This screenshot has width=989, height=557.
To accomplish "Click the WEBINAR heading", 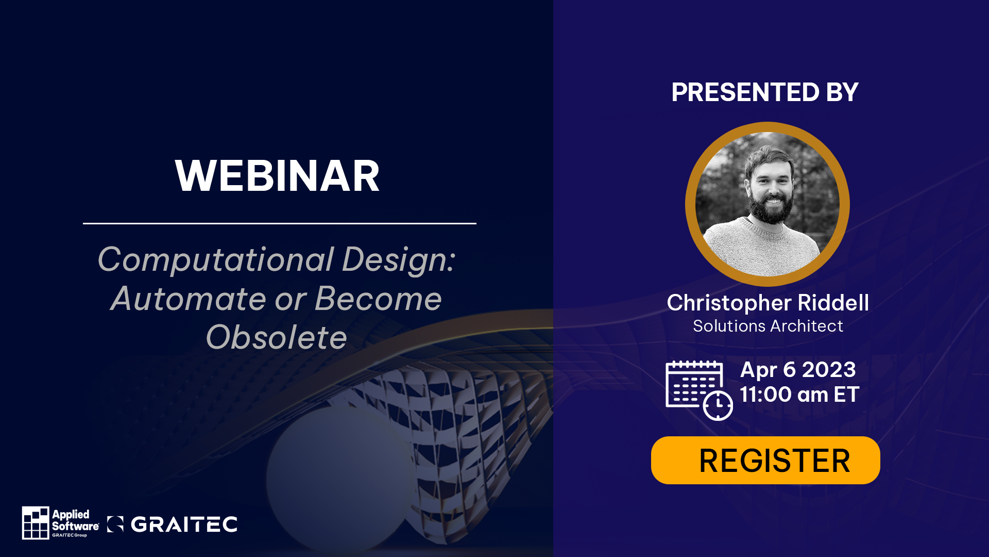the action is pos(277,176).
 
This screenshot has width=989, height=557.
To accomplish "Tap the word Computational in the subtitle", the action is pos(216,259).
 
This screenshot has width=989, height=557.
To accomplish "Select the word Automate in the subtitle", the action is pos(189,299).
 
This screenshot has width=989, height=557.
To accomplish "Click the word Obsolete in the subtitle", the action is pos(277,337).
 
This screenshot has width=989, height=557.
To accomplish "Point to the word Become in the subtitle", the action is pos(378,299).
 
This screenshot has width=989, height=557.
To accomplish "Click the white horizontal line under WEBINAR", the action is pos(280,223).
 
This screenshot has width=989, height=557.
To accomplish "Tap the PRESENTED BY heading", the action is pos(765,92).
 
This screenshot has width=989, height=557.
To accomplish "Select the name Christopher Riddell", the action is pos(768,303).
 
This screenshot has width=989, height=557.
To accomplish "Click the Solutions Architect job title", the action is pos(768,326).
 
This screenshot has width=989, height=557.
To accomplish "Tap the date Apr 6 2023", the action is pos(798,369).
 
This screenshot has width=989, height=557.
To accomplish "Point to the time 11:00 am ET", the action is pos(799,395).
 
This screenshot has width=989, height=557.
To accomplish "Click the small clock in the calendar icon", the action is pos(718,405).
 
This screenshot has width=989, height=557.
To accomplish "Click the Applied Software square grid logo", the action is pos(36,522).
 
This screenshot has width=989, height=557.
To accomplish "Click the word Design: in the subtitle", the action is pos(399,259).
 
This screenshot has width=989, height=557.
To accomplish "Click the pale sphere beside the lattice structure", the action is pos(340,477).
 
